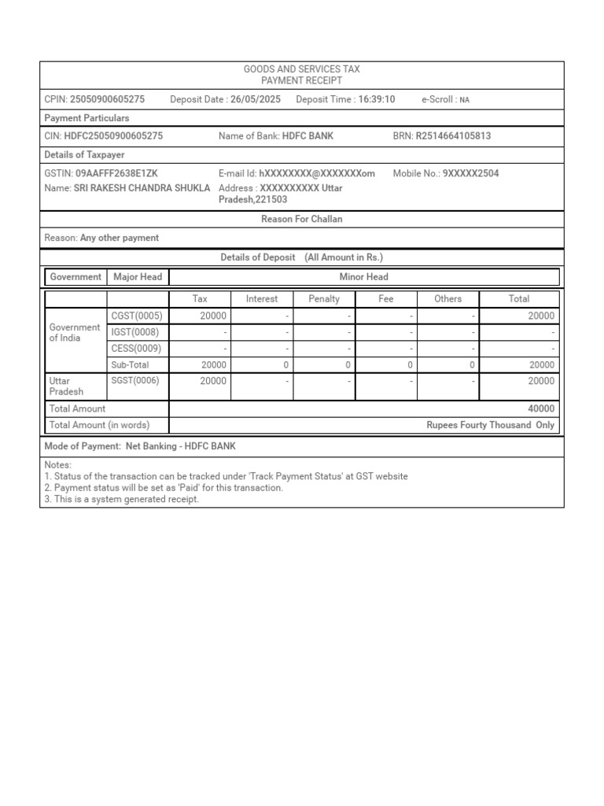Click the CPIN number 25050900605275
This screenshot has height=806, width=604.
[x=107, y=99]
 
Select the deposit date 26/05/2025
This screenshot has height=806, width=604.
[x=255, y=99]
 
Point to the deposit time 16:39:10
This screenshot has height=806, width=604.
[x=377, y=99]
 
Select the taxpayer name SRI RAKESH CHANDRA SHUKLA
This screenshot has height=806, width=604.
[x=142, y=188]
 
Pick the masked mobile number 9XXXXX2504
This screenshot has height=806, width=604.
[x=470, y=173]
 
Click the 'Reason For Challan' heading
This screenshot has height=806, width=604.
[x=301, y=220]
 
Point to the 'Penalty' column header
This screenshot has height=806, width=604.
[x=324, y=299]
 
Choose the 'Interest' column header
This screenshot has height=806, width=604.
[x=262, y=299]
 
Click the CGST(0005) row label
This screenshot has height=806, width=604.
[x=137, y=316]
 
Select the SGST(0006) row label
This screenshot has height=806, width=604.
[x=137, y=381]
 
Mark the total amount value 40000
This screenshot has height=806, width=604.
[x=540, y=409]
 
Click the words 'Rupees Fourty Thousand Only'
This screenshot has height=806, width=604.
[x=490, y=425]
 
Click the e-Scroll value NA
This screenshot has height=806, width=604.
[x=464, y=100]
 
